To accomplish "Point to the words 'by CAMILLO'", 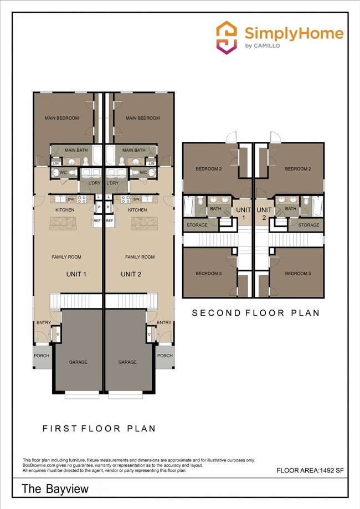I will [262, 45].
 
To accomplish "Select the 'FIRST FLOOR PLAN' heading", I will [99, 428].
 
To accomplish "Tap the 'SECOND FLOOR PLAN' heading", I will [255, 313].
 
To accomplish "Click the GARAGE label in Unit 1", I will [78, 362].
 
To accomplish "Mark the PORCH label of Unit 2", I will [164, 356].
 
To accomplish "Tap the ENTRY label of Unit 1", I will [43, 322].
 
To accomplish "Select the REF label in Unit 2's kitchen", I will [110, 220].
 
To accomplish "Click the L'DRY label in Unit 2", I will [113, 183].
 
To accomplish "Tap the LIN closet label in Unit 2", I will [151, 163].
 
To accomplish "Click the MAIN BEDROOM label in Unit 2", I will [142, 118].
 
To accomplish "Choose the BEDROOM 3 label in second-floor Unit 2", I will [297, 274].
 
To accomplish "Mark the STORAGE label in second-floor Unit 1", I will [197, 225].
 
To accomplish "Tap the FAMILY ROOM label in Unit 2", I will [140, 257].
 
